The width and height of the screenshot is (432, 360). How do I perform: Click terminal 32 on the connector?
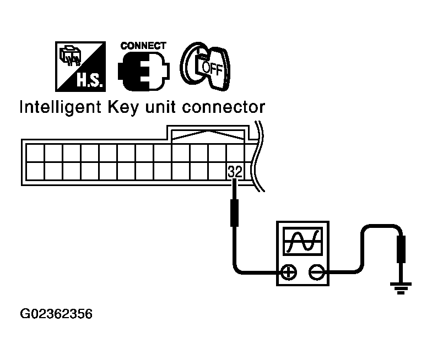[235, 172]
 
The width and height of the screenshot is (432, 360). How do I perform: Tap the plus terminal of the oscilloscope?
[288, 272]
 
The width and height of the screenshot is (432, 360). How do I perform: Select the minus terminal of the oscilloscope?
[316, 272]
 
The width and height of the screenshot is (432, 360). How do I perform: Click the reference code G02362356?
[56, 314]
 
